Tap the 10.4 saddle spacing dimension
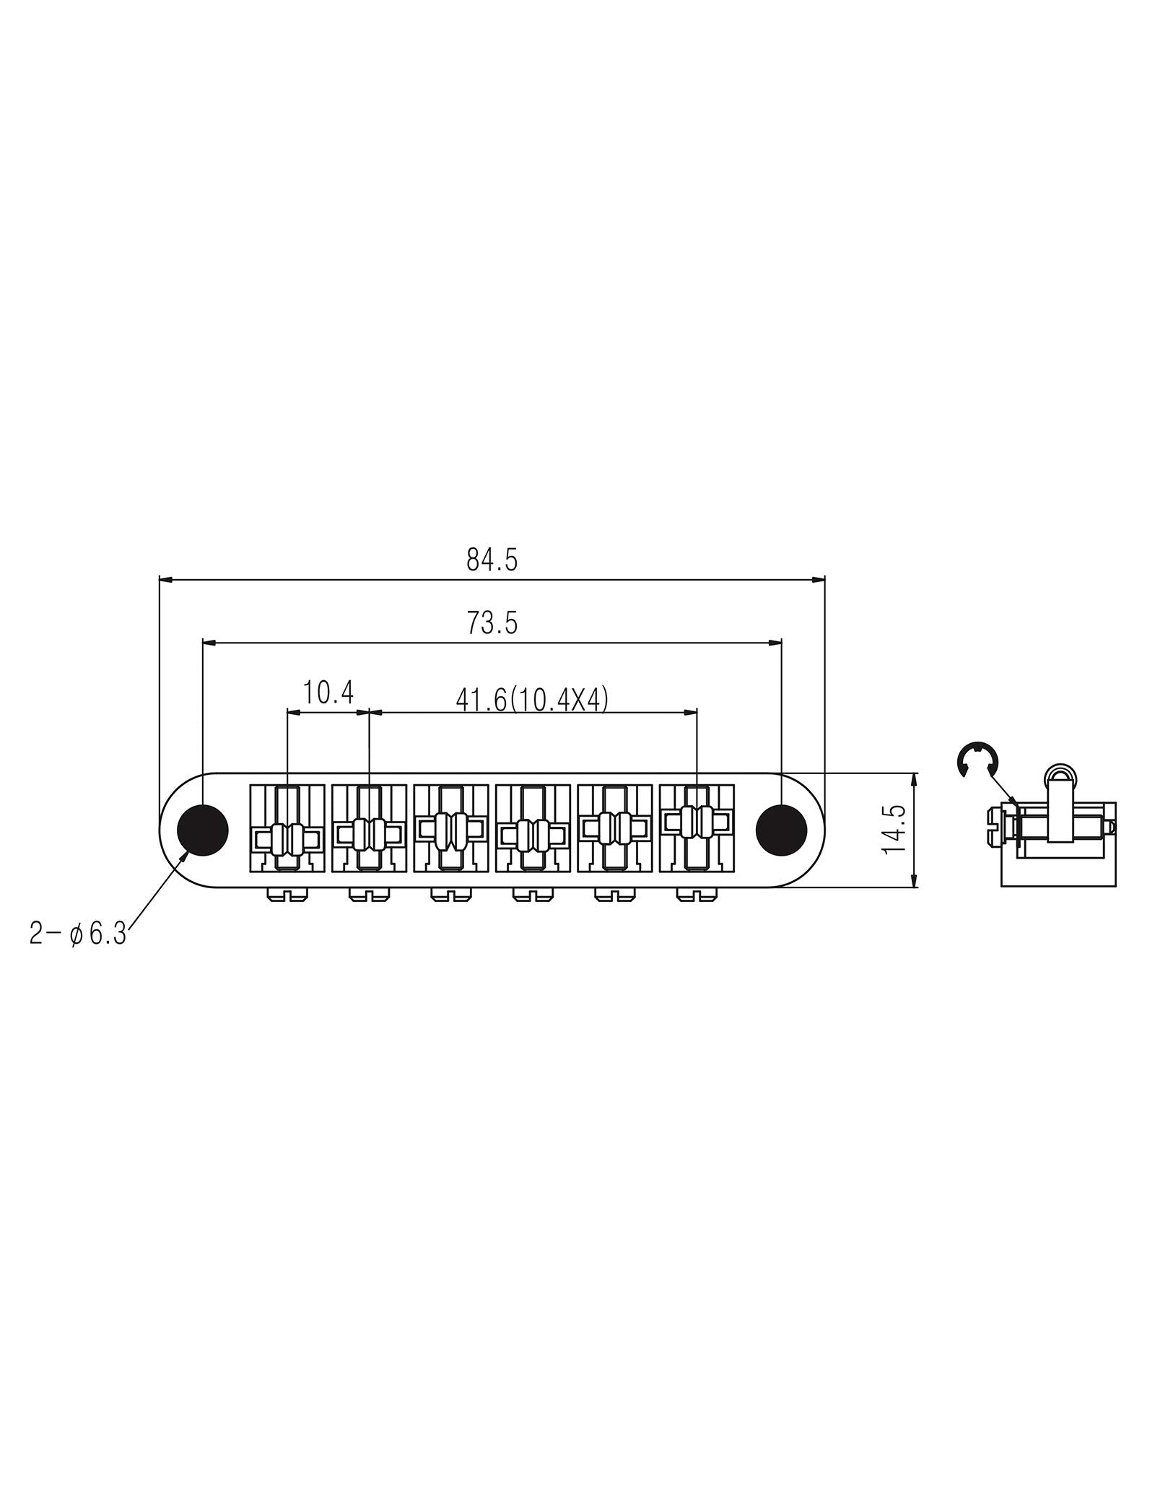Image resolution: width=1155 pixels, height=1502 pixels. point(328,693)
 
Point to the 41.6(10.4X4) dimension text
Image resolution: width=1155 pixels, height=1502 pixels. point(532,700)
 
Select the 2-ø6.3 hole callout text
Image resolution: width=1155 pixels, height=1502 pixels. point(78,934)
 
